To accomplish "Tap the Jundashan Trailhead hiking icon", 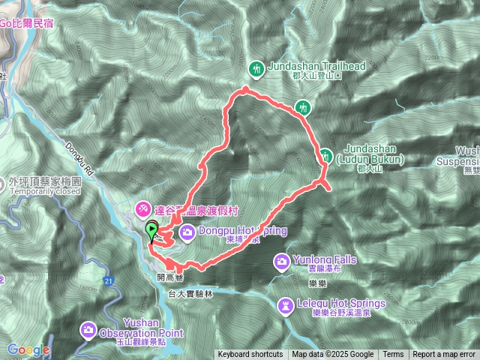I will (x=256, y=69).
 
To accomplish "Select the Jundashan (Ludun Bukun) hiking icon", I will (x=326, y=156).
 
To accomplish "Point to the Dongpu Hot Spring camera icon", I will (x=186, y=232).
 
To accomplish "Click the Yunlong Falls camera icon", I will (x=282, y=261).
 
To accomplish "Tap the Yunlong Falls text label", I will (x=324, y=259).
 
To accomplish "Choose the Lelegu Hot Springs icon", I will (x=286, y=306).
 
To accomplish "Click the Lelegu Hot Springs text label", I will (x=340, y=303).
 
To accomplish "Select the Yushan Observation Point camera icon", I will (x=88, y=328).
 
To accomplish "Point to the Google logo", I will (x=28, y=349).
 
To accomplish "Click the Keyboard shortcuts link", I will (x=250, y=355).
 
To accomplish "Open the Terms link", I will (x=393, y=355).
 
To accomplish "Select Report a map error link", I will (x=444, y=355).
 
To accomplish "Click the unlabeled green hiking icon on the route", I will (x=302, y=107).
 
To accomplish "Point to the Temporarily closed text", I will (x=45, y=191).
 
